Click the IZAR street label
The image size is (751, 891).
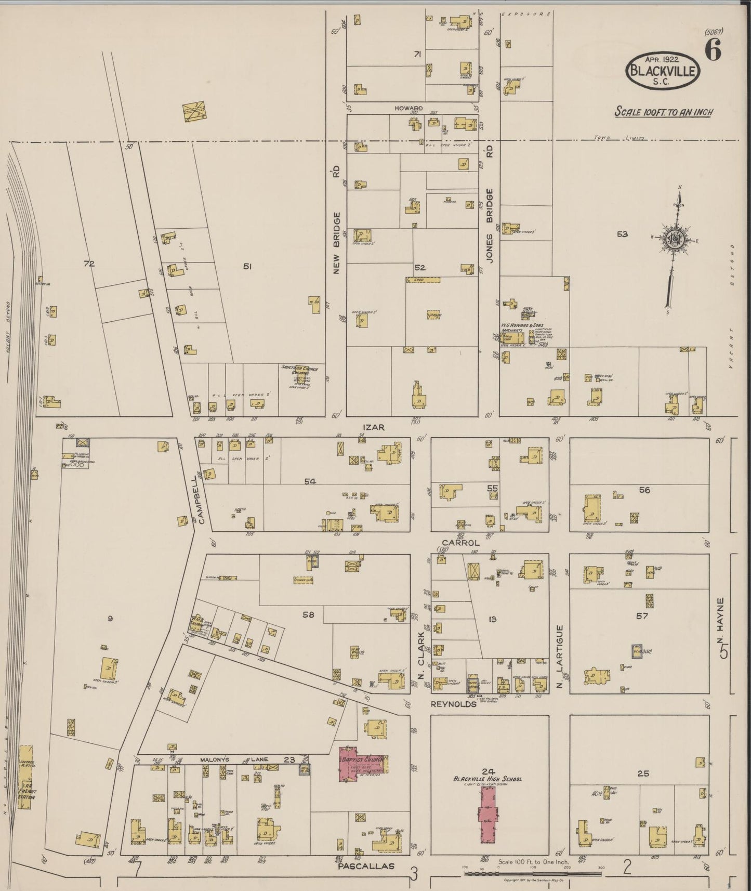click(x=374, y=427)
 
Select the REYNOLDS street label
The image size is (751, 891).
click(x=453, y=704)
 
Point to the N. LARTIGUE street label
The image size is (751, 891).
click(x=560, y=657)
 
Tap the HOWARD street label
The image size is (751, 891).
click(x=409, y=108)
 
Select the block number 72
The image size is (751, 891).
click(x=89, y=264)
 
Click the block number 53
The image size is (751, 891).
click(x=622, y=234)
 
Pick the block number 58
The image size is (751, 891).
click(x=308, y=615)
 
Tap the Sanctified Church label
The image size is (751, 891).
click(x=300, y=369)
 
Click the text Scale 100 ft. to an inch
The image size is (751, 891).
click(x=663, y=112)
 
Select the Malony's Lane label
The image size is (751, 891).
click(x=227, y=760)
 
